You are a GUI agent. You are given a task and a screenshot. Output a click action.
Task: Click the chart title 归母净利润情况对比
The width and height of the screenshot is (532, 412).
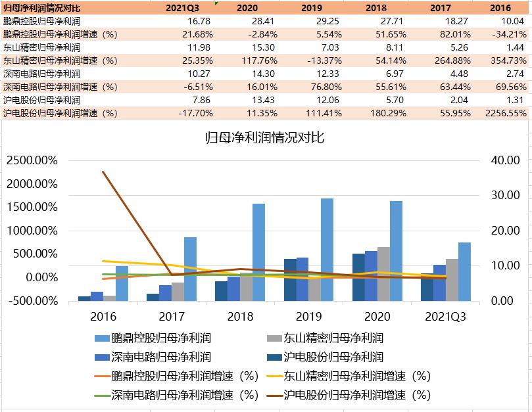pyautogui.click(x=265, y=138)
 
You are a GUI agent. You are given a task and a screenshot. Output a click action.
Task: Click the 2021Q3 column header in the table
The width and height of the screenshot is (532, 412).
pyautogui.click(x=183, y=8)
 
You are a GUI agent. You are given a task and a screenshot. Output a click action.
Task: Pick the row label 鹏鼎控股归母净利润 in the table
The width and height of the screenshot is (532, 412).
pyautogui.click(x=41, y=21)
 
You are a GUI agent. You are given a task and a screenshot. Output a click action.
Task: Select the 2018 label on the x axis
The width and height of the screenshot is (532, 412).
pyautogui.click(x=240, y=316)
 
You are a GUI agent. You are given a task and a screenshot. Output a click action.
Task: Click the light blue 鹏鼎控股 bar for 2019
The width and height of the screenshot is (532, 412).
pyautogui.click(x=327, y=250)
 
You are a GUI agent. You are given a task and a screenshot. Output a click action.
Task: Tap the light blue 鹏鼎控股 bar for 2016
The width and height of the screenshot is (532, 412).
pyautogui.click(x=122, y=283)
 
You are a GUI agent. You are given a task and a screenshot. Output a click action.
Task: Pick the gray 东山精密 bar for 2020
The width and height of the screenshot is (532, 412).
pyautogui.click(x=383, y=274)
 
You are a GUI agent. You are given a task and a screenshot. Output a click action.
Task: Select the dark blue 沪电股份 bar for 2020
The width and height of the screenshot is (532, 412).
pyautogui.click(x=358, y=277)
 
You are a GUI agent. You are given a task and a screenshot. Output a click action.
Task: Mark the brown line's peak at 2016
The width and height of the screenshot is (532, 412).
pyautogui.click(x=103, y=172)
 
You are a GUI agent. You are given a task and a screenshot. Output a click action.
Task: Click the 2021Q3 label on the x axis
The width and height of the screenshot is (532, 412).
pyautogui.click(x=446, y=316)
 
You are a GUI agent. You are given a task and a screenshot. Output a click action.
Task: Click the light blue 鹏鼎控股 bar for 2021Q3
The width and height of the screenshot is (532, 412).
pyautogui.click(x=464, y=271)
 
